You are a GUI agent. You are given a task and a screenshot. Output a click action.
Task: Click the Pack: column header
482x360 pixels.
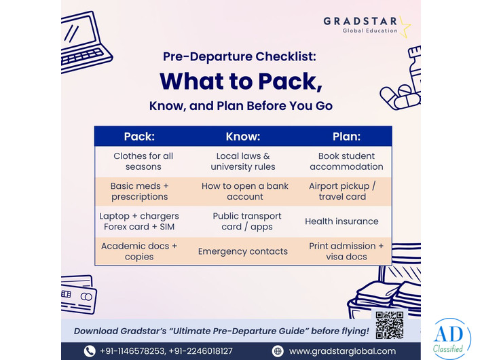point(139,137)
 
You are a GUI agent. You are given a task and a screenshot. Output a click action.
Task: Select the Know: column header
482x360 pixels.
point(242,137)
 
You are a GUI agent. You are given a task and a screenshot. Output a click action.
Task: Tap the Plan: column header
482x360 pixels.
point(346,137)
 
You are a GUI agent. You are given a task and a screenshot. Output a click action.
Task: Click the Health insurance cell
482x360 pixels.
point(341,221)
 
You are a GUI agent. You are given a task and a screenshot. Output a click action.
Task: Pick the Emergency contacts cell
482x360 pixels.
point(242,251)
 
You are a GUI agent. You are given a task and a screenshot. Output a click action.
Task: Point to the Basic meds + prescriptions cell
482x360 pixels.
point(139,191)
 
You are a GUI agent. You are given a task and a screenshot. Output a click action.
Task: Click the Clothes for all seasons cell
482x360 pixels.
point(143,161)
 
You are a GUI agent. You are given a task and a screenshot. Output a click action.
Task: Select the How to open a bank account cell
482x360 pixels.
point(245,191)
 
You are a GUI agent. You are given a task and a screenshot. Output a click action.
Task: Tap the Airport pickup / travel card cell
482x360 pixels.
point(342,191)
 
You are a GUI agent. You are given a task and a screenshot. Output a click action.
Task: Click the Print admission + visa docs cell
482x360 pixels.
point(346,251)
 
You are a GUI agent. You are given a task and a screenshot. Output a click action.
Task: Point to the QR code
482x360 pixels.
point(389,325)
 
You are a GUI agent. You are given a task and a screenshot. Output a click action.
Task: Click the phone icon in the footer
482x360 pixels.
point(90,351)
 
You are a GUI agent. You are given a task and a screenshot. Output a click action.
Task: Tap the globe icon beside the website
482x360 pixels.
point(277,351)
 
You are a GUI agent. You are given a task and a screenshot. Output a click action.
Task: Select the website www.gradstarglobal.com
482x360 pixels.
point(342,351)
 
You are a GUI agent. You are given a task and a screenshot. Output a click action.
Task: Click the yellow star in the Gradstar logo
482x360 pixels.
point(405,27)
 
